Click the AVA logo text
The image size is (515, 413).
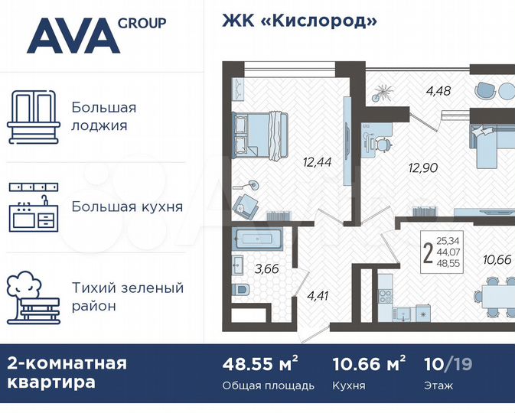(x=73, y=36)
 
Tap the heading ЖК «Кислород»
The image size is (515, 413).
(x=299, y=21)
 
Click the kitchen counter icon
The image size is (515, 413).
(x=34, y=206)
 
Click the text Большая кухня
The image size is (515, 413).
(x=127, y=206)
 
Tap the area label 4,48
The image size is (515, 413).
(x=438, y=91)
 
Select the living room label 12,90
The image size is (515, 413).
(x=424, y=167)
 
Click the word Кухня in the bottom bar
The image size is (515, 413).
(x=350, y=385)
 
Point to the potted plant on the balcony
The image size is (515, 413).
(x=382, y=93)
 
